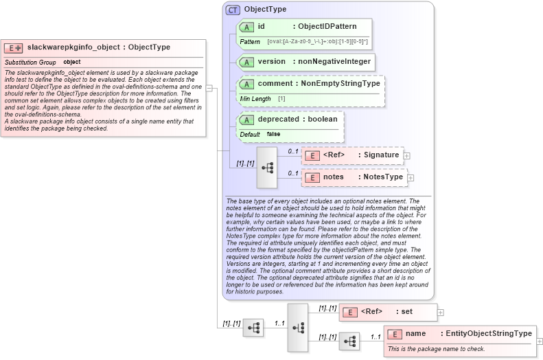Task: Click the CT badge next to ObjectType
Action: tap(233, 10)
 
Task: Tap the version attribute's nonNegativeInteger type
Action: tap(332, 61)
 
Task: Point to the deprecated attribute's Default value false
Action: tap(273, 134)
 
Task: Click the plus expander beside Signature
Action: tap(407, 156)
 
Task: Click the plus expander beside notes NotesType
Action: tap(411, 178)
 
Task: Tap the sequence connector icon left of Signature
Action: tap(266, 167)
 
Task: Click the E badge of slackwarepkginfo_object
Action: tap(14, 48)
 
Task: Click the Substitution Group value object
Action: tap(72, 63)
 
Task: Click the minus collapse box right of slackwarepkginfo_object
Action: tap(209, 88)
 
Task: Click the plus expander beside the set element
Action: tap(441, 312)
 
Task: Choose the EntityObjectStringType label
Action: tap(488, 334)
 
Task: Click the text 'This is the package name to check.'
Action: tap(436, 349)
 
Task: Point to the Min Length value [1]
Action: tap(281, 99)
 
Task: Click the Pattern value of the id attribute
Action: tap(317, 42)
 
